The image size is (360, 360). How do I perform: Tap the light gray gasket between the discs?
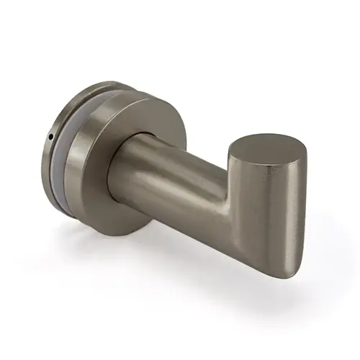click(81, 155)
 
